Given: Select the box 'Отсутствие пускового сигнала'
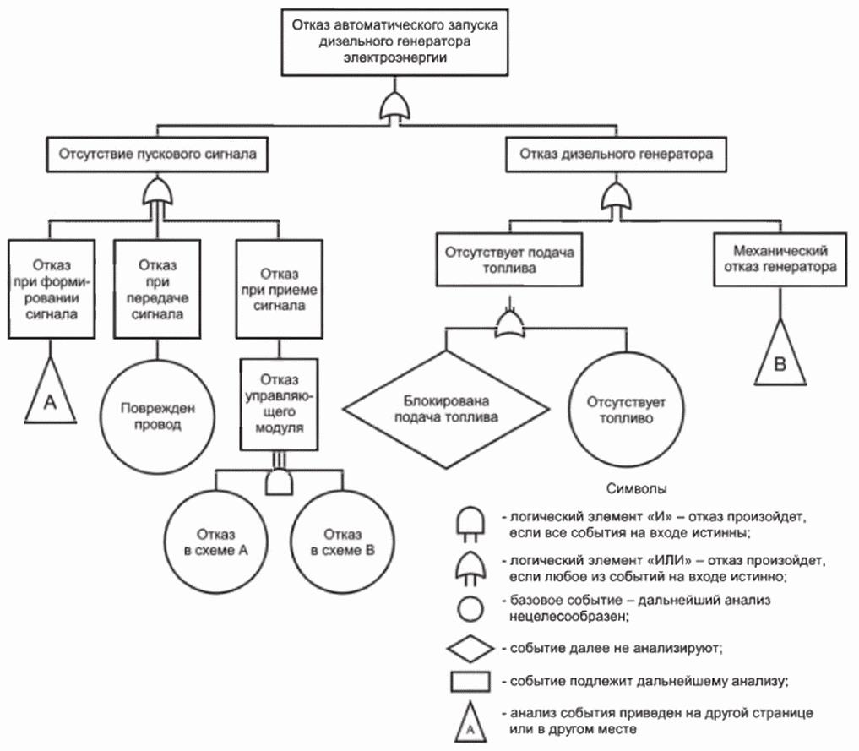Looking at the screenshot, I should point(158,155).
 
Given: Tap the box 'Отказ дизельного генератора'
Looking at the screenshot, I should point(616,155).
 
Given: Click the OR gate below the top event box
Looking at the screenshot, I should point(394,107).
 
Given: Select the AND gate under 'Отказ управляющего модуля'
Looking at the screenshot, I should point(279,482).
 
